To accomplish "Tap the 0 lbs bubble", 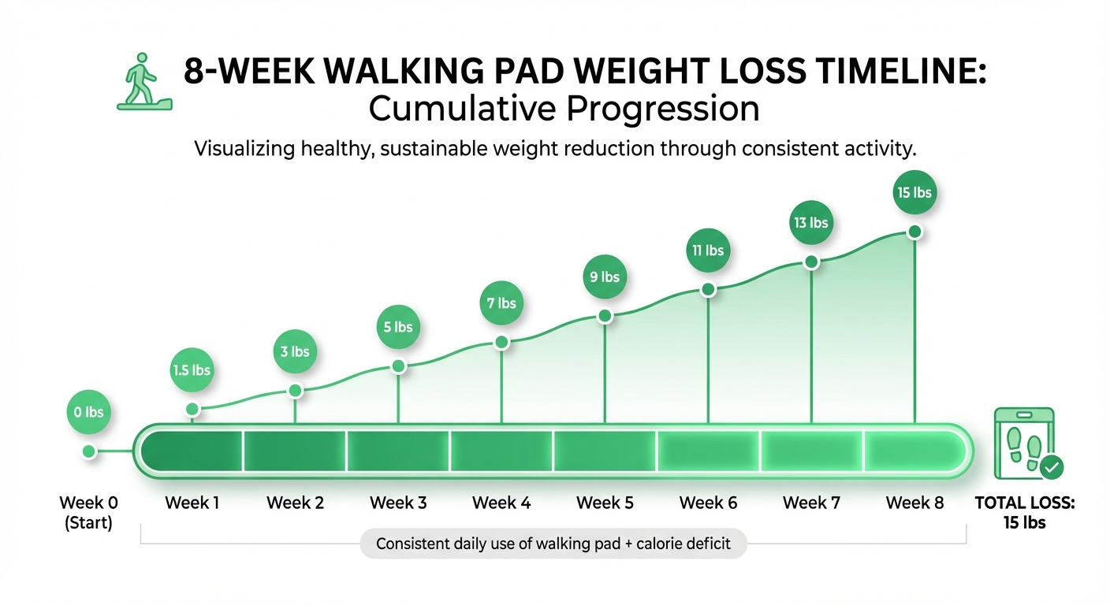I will (89, 412).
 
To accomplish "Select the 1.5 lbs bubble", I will (192, 369).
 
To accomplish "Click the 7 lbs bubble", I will (501, 302).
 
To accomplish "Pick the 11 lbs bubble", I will (708, 251).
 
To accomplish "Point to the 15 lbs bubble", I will (914, 191).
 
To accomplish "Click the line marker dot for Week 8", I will (914, 232).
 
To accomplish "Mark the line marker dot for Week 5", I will (605, 316).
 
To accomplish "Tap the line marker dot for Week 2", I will (295, 390).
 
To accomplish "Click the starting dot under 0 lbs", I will (89, 451).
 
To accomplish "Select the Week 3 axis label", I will (398, 503).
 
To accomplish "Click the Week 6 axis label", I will (708, 503).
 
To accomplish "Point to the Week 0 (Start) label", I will (86, 512).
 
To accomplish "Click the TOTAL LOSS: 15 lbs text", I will (1025, 512).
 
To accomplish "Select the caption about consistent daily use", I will (553, 544).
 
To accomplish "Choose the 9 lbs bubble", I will (605, 277).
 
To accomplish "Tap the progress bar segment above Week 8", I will (914, 451).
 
